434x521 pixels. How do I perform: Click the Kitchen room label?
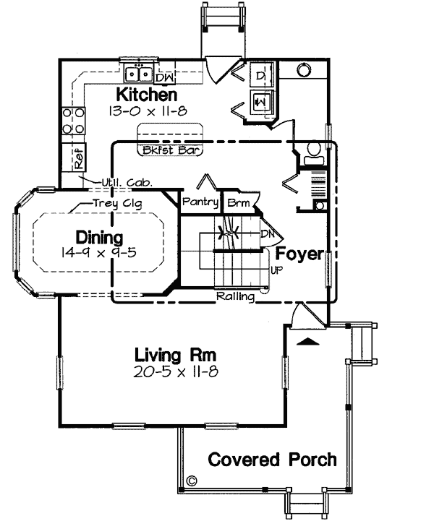147,95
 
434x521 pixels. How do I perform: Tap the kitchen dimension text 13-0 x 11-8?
147,112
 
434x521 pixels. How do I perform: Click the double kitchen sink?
137,74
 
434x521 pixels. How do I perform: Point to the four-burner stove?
72,121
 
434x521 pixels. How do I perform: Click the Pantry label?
200,202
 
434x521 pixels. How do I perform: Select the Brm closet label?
237,203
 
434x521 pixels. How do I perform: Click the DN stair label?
266,234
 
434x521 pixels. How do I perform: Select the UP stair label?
276,270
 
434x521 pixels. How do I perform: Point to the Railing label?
234,296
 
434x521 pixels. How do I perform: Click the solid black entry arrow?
307,340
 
